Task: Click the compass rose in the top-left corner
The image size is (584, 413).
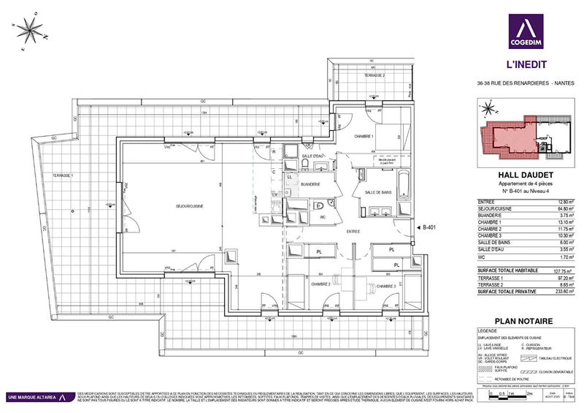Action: click(x=30, y=31)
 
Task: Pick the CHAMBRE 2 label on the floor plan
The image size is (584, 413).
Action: click(x=321, y=285)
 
